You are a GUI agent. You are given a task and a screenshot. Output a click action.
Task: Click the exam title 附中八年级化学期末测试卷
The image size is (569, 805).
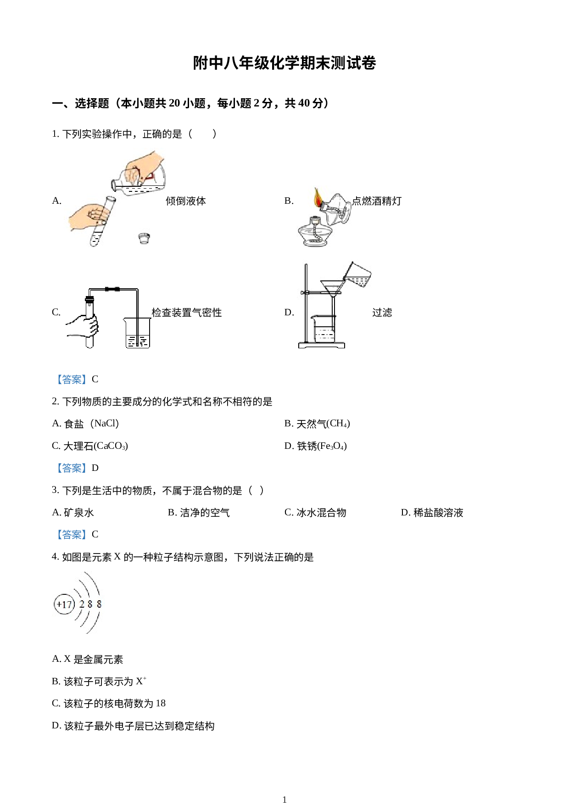tap(284, 63)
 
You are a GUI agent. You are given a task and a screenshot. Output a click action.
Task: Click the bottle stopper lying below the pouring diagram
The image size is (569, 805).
tap(144, 238)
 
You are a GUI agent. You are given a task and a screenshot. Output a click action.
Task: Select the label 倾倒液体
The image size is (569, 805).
tap(186, 201)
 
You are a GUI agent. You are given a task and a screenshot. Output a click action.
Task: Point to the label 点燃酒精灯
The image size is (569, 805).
tap(377, 201)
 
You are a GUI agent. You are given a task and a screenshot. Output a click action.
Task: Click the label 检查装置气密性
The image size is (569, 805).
tap(187, 313)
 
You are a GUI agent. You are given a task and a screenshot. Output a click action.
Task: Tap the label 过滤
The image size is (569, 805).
tap(382, 313)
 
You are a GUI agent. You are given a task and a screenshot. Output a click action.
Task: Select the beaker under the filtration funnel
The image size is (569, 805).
tap(324, 329)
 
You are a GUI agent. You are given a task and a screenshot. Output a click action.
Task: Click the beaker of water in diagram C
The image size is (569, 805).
tap(137, 333)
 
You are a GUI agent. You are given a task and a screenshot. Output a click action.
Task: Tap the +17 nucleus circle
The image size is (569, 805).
tap(64, 604)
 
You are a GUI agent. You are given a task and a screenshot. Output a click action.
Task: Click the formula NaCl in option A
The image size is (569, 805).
tap(106, 423)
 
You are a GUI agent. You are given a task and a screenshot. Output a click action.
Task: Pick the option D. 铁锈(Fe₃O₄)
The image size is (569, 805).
tap(316, 446)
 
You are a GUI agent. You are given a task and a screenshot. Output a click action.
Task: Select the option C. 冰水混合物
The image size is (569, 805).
tap(316, 513)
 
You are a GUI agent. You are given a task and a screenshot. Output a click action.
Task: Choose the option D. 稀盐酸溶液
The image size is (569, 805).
tap(432, 513)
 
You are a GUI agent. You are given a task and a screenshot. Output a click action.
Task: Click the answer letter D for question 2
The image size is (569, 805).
tap(95, 468)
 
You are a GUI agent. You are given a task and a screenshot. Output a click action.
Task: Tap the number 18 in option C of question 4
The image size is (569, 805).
tap(161, 703)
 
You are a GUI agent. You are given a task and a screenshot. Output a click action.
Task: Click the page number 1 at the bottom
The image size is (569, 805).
tap(284, 799)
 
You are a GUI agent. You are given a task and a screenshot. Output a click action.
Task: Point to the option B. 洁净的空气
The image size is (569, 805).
tap(199, 513)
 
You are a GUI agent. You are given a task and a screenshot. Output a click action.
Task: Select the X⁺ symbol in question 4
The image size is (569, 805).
tap(141, 681)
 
